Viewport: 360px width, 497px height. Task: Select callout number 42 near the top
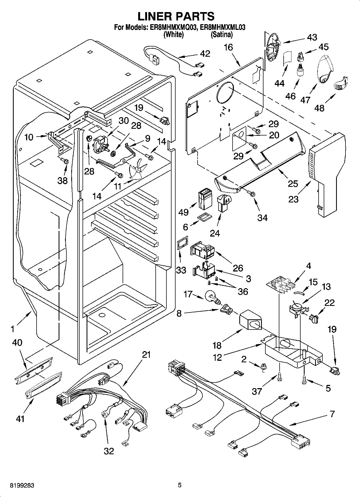(x=205, y=53)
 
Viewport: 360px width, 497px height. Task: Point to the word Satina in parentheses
(x=222, y=34)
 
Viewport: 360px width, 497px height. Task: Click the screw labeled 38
(x=65, y=162)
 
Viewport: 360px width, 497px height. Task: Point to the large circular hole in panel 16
(x=225, y=91)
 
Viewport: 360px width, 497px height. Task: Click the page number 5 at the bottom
(x=180, y=485)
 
